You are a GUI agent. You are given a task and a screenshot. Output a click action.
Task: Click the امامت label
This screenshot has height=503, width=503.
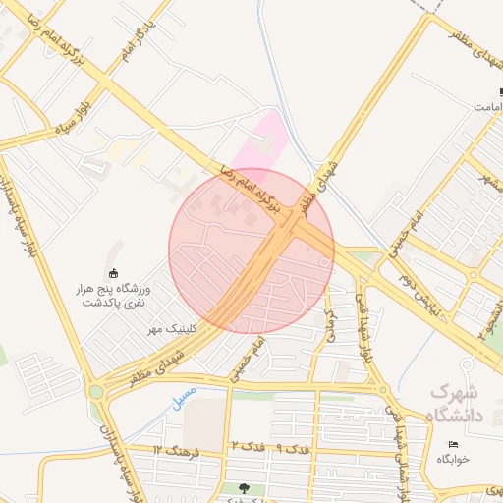point(487,105)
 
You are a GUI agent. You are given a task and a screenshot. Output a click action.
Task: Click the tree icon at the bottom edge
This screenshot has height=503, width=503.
point(244,488)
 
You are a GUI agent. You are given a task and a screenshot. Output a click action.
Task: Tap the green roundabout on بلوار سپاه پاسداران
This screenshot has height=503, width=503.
point(95,392)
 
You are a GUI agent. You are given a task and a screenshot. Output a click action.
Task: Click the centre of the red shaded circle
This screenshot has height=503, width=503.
point(251,251)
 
